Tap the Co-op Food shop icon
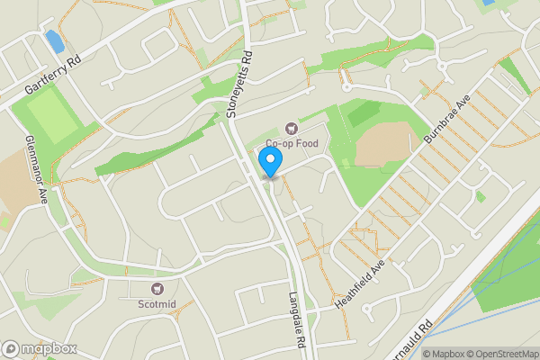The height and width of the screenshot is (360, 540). [x=291, y=129]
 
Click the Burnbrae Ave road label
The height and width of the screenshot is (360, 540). [x=447, y=124]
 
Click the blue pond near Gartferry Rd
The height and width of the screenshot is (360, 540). [x=54, y=40]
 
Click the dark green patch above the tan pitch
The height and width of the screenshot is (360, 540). [x=364, y=112]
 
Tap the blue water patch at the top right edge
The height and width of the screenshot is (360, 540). [x=488, y=3]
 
